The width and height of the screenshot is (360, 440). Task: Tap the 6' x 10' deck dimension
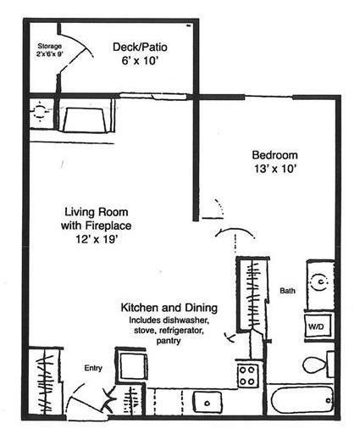tap(138, 62)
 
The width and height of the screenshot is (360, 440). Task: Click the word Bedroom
tap(275, 155)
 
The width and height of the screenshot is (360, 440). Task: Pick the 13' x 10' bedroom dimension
tap(275, 169)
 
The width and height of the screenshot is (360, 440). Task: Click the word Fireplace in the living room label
tap(116, 226)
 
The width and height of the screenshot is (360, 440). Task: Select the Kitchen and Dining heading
tap(169, 307)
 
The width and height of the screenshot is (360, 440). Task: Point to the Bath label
tap(287, 291)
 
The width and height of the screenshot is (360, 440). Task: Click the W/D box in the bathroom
tap(316, 325)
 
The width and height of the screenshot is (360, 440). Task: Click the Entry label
tap(92, 368)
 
